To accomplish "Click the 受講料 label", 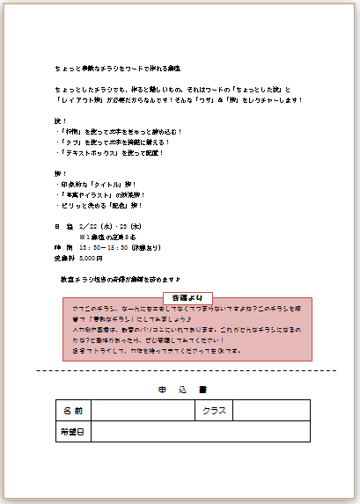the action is click(x=64, y=258).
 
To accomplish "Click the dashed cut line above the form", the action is click(x=186, y=370).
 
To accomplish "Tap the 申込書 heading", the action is click(x=182, y=389).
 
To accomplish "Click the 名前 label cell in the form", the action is click(x=72, y=411).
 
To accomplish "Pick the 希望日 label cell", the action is click(x=72, y=432).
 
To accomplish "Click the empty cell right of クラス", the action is click(x=271, y=411).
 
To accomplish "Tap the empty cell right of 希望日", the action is click(x=200, y=432).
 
